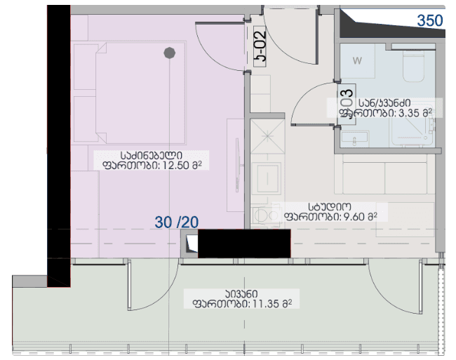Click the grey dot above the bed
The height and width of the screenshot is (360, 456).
[169, 52]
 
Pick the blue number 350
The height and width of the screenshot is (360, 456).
[430, 20]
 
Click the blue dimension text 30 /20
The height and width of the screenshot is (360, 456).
[177, 222]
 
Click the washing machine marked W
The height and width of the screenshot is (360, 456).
[357, 61]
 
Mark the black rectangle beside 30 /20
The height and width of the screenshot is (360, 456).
[244, 244]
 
